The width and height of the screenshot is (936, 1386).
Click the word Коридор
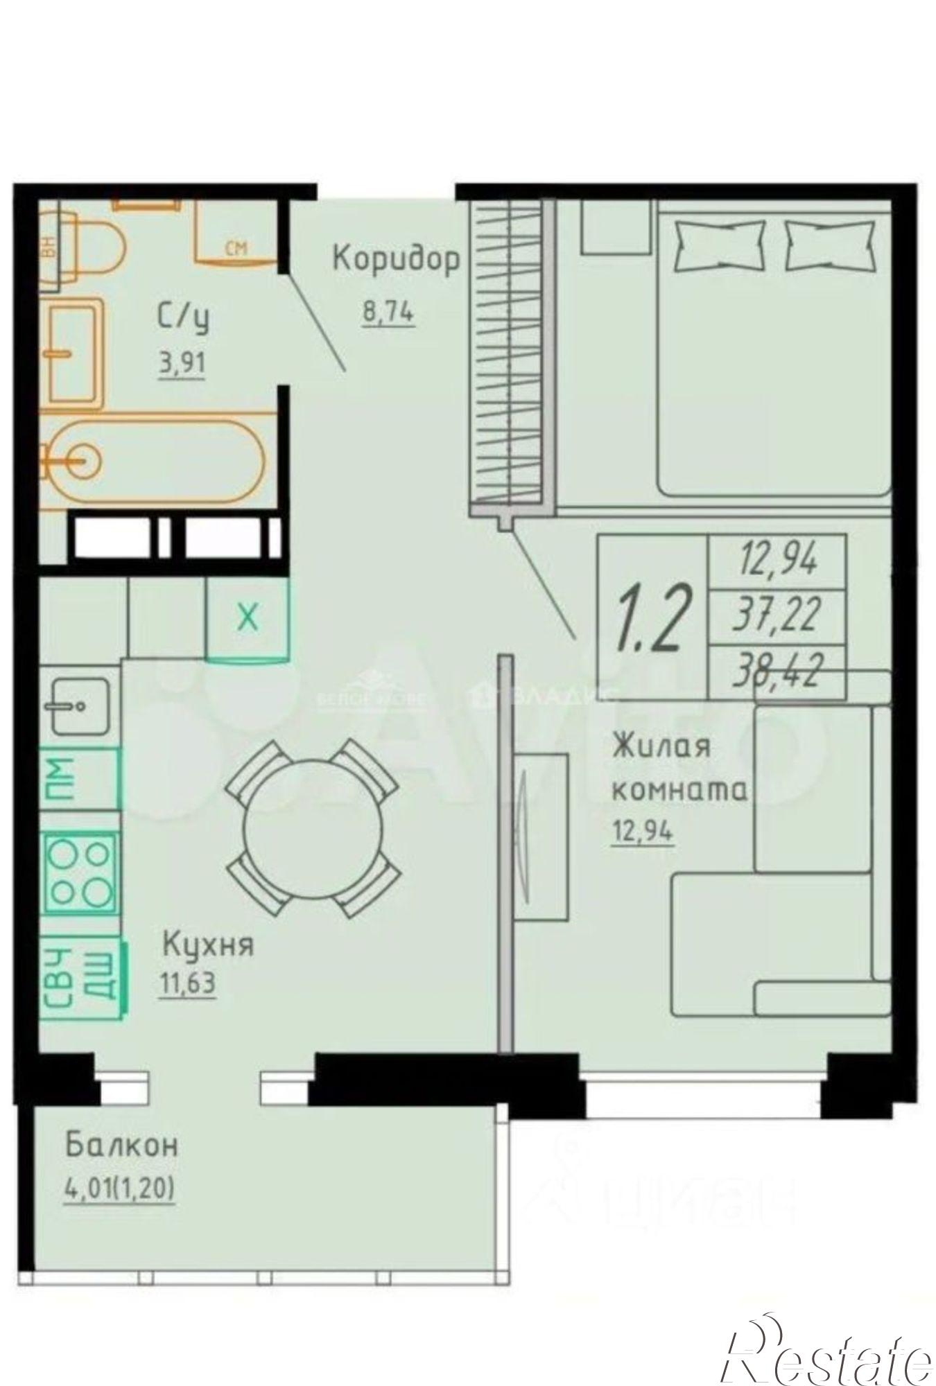pyautogui.click(x=396, y=260)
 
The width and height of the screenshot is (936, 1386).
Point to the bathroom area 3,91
pyautogui.click(x=182, y=365)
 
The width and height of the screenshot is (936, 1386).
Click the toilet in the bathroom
pyautogui.click(x=97, y=248)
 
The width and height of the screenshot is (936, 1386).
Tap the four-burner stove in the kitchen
pyautogui.click(x=80, y=872)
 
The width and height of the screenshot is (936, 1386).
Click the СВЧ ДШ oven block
pyautogui.click(x=83, y=976)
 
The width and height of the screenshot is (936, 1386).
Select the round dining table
pyautogui.click(x=312, y=828)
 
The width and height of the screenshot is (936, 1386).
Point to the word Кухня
pyautogui.click(x=208, y=945)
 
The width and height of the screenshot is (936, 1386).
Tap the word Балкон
pyautogui.click(x=122, y=1145)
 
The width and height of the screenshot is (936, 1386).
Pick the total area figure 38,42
pyautogui.click(x=777, y=671)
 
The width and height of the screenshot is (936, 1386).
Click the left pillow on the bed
pyautogui.click(x=720, y=245)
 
